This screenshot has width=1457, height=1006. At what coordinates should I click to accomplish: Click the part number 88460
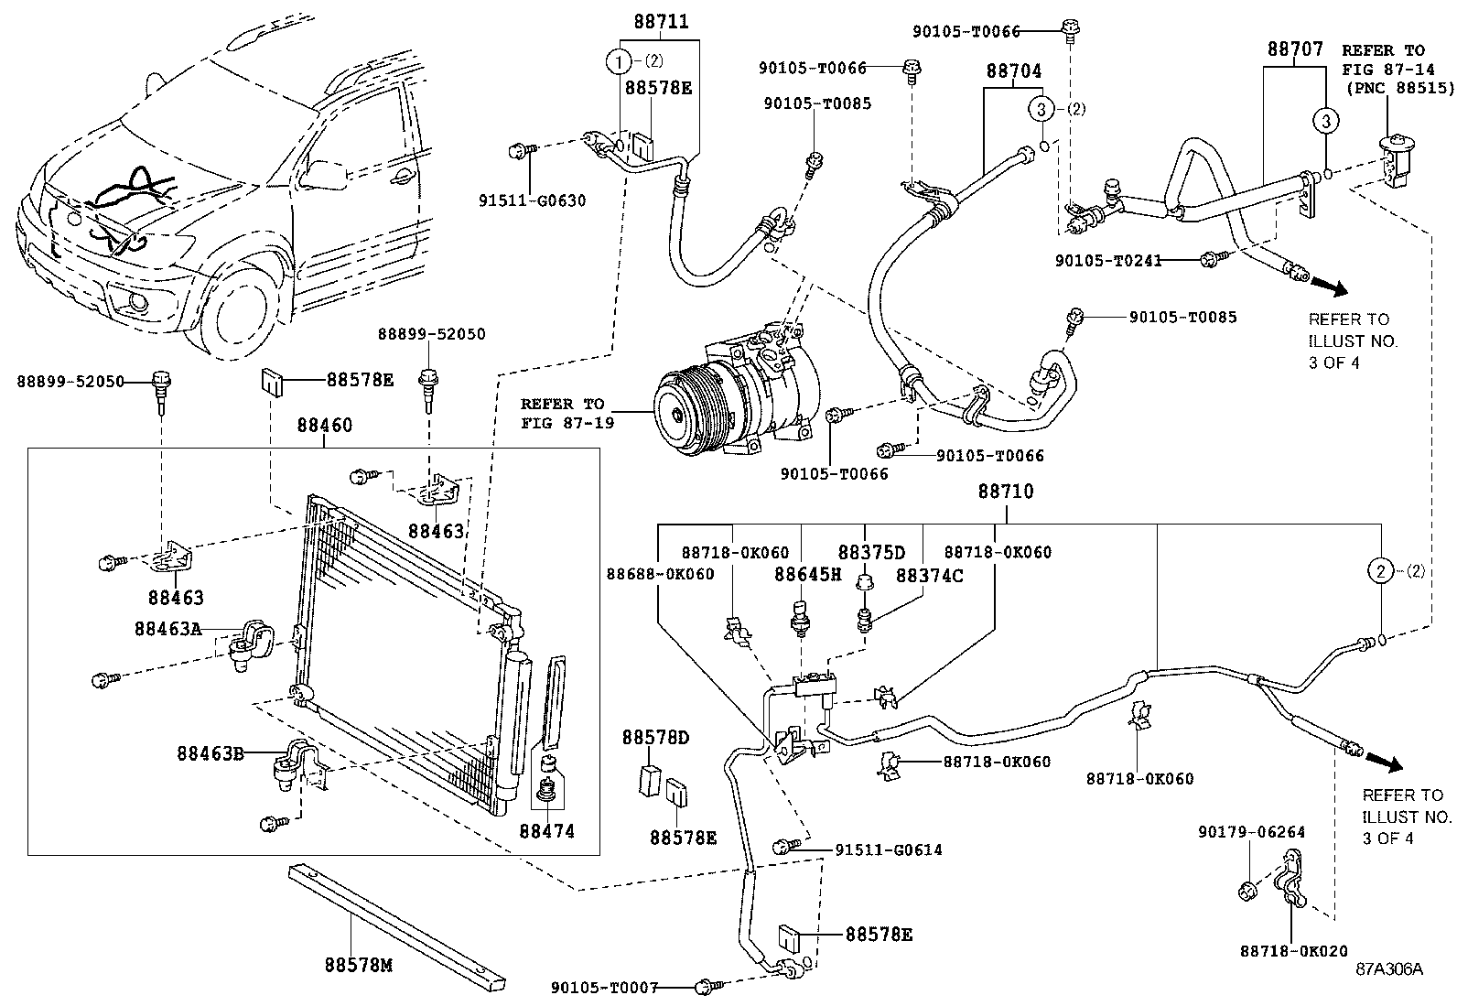point(324,426)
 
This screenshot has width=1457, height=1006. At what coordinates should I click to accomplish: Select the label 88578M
point(358,965)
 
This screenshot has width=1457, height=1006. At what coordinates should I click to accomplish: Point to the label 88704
point(1013,70)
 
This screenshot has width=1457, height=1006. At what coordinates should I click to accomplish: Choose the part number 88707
point(1295,49)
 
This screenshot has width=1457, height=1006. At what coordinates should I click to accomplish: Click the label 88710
point(1006,492)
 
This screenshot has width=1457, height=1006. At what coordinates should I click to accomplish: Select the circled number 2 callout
point(1380,571)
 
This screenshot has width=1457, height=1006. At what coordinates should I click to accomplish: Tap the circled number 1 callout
point(619,62)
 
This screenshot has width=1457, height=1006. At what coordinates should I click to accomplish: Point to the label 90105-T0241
point(1108,261)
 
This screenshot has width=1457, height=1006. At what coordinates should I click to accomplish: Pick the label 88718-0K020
point(1294,952)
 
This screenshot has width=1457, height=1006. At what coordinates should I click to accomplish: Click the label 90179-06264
point(1251,832)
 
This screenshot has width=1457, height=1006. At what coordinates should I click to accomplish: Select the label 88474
point(547,831)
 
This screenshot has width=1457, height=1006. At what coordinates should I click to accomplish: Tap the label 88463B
point(210,753)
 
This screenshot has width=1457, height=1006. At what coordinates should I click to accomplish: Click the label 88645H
point(807,574)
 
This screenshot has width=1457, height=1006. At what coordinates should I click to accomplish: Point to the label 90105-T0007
point(604,989)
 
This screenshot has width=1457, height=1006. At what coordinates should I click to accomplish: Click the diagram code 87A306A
point(1389,969)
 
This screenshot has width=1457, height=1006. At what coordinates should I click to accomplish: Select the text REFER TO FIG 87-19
point(563,413)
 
